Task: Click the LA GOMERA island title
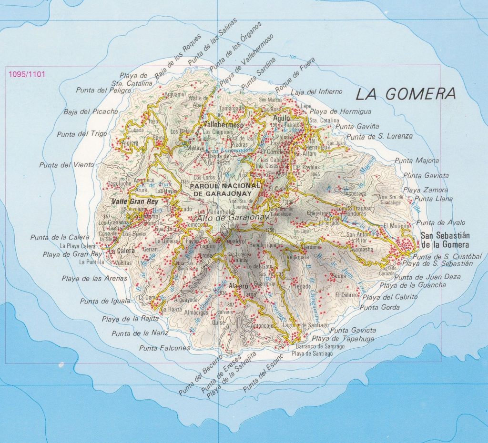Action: point(406,94)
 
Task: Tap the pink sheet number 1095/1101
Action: point(27,74)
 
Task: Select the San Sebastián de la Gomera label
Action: point(446,240)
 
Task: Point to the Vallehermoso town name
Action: point(223,125)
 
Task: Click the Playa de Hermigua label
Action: point(339,112)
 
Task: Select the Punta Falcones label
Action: point(164,348)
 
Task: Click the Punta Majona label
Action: point(417,161)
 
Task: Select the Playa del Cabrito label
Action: point(390,297)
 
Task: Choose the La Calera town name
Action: point(120,251)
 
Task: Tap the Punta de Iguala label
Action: point(105,301)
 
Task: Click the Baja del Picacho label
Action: point(91,112)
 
